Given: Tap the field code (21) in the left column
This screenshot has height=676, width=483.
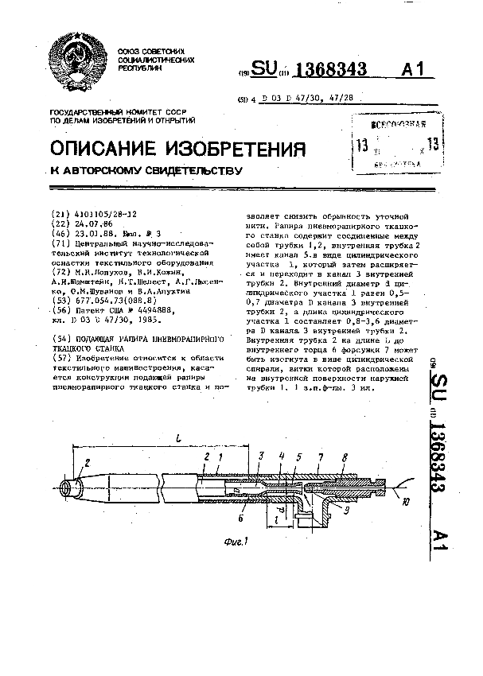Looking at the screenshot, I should click(x=60, y=215).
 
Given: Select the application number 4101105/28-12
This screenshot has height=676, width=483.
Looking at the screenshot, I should click(x=105, y=215).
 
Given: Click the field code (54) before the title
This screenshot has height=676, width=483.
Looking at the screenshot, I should click(x=60, y=339).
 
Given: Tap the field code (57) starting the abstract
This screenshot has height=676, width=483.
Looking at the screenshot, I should click(x=60, y=358).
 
